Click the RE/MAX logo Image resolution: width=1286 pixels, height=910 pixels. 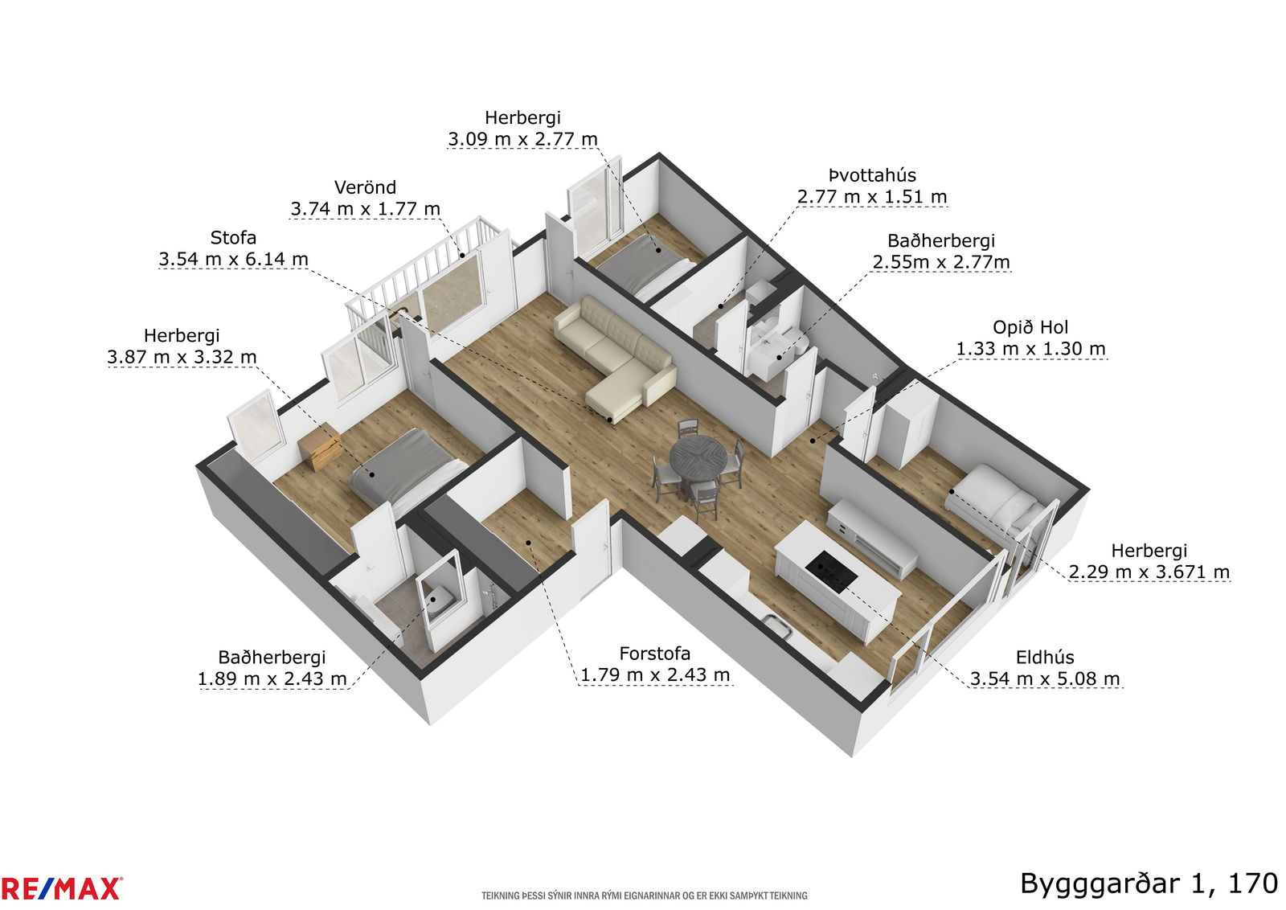click(61, 889)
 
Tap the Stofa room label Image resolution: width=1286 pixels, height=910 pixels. click(233, 238)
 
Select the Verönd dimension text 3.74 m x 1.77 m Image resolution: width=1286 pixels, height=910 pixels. click(365, 209)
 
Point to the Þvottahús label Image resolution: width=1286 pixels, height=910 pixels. click(872, 175)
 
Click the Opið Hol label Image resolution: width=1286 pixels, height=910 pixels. click(1030, 327)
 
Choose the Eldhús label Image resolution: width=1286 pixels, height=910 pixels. click(1045, 658)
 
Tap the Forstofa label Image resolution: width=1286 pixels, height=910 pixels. click(654, 654)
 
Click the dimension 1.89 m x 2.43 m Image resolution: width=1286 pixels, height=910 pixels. click(272, 678)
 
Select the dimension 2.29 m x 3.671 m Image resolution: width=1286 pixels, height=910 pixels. click(1149, 572)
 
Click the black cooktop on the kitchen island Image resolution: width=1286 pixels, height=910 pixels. click(831, 572)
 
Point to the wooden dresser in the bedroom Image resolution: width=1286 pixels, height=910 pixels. click(321, 447)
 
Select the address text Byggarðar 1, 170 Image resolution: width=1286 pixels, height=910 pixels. click(1149, 885)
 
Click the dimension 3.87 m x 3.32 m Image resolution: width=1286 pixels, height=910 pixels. click(182, 357)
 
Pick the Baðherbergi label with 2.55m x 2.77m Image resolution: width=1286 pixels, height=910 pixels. click(941, 240)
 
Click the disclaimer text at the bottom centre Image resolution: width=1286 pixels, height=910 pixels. click(644, 896)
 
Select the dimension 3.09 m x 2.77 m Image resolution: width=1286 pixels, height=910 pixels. click(522, 139)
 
